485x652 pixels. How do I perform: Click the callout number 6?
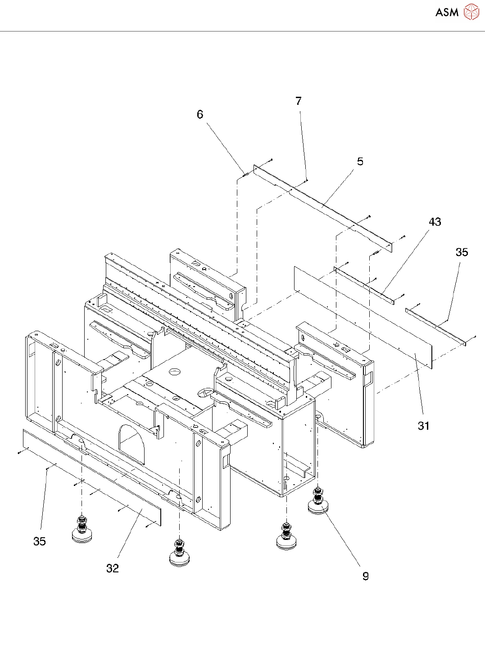(200, 114)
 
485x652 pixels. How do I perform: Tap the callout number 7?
(299, 101)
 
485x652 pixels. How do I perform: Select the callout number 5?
(360, 162)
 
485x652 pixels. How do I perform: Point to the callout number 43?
(435, 222)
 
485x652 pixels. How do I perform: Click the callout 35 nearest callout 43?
(462, 252)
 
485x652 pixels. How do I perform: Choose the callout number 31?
(424, 426)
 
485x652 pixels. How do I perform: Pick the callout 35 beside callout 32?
(40, 541)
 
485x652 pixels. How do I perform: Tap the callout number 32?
(113, 568)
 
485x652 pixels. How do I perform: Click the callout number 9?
(366, 576)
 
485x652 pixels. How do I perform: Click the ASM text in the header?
(447, 12)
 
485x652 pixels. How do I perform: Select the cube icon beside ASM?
(471, 12)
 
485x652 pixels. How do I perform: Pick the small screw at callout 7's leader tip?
(307, 180)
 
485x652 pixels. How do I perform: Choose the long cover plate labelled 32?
(92, 477)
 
